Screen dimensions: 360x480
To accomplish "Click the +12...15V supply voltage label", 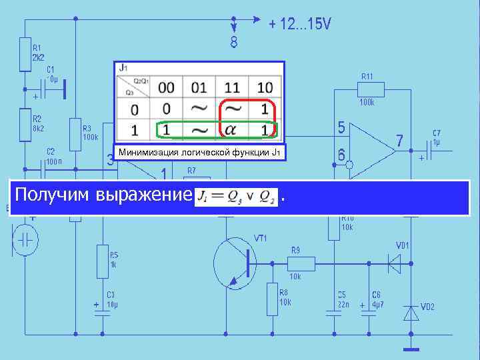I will pyautogui.click(x=299, y=25).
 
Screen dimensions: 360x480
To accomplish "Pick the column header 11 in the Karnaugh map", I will pyautogui.click(x=231, y=87).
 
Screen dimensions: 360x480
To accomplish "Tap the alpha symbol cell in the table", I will pyautogui.click(x=231, y=129).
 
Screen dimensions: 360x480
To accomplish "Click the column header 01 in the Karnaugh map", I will pyautogui.click(x=199, y=87).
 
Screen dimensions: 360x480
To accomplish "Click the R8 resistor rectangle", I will pyautogui.click(x=272, y=298).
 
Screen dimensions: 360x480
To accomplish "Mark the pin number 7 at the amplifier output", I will pyautogui.click(x=399, y=141).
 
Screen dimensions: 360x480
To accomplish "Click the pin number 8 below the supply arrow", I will pyautogui.click(x=233, y=43).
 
